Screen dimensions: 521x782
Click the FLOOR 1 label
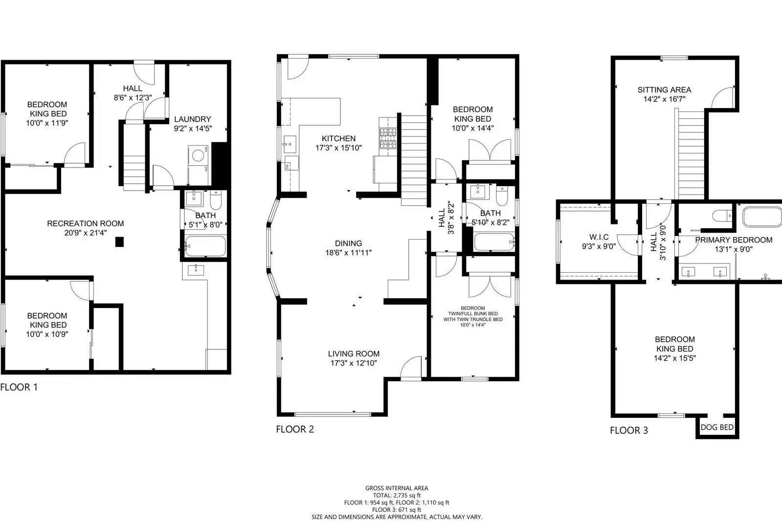pos(19,387)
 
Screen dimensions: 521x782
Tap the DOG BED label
pos(717,427)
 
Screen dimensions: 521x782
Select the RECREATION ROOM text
pos(85,223)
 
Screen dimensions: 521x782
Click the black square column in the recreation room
pos(119,241)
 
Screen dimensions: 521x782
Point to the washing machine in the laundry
pos(198,156)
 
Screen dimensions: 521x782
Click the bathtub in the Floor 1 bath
pos(205,246)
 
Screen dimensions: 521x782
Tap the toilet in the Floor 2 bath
pos(502,196)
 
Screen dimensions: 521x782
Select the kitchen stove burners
pos(388,138)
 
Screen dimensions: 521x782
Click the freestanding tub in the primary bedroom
pos(761,217)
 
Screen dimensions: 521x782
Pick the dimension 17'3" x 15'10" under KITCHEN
pos(338,148)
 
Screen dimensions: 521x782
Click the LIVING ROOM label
pos(354,353)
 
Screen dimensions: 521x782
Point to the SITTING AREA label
pos(664,89)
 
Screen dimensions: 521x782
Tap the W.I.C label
pos(599,237)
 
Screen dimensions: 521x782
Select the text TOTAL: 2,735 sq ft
pos(396,495)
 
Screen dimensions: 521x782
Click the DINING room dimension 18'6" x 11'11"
pos(348,253)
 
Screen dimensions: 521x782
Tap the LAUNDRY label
pos(193,119)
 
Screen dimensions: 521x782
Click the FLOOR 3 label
pos(628,431)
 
